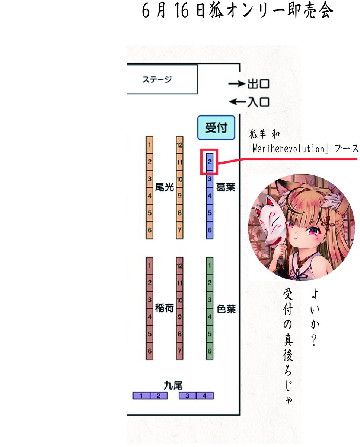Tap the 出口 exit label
[258, 84]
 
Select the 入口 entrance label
[258, 101]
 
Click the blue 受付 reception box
[216, 128]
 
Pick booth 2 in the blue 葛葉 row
[210, 162]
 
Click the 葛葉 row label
[226, 187]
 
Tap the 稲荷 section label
[164, 308]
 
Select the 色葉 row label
[226, 309]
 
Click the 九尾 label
[173, 385]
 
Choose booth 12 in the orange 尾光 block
[179, 145]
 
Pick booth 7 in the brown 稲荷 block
[179, 351]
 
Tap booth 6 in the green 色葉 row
[210, 351]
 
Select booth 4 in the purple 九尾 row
[204, 396]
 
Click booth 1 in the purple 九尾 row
[142, 396]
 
